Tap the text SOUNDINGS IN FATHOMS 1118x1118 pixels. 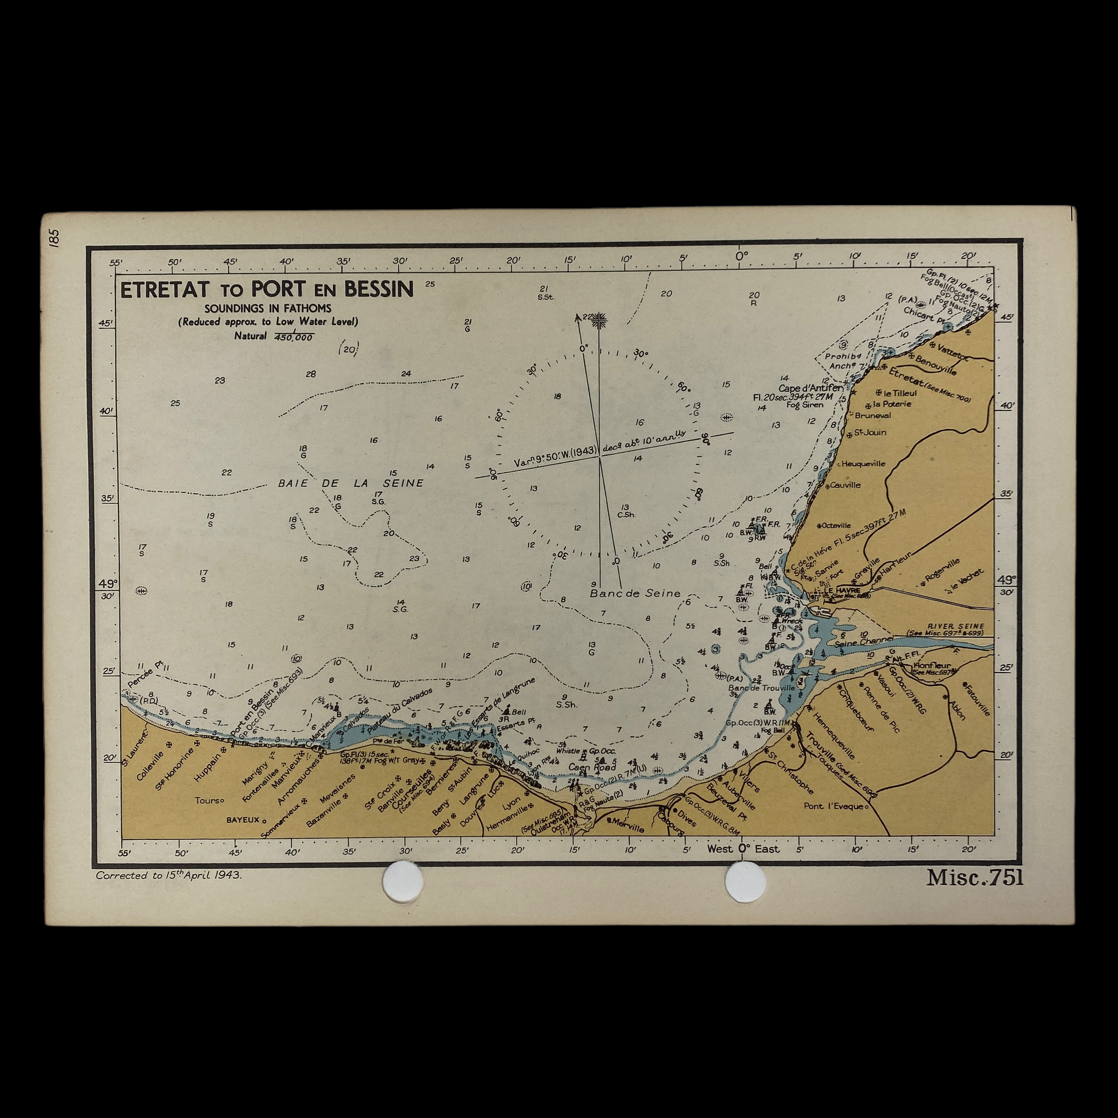coord(267,308)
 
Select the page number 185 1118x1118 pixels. coord(55,238)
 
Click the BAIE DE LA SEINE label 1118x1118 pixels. coord(351,483)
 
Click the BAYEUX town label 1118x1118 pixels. coord(242,820)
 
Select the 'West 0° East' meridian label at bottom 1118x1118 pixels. coord(743,849)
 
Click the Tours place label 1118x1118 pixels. coord(208,800)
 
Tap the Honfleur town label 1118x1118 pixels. coord(931,666)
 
